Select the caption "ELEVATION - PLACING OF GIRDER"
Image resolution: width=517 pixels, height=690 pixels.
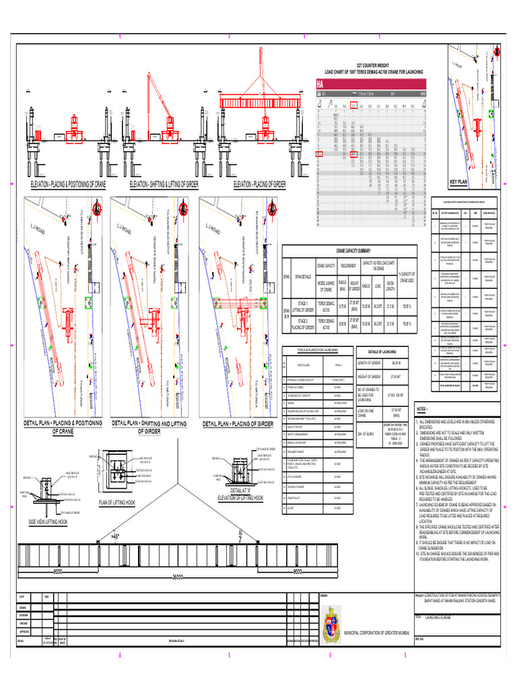tap(259, 184)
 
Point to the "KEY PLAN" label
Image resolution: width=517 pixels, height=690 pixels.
tap(462, 182)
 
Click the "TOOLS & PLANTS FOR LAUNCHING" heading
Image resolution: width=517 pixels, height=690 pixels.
tap(317, 350)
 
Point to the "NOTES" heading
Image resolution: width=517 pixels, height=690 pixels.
tap(422, 409)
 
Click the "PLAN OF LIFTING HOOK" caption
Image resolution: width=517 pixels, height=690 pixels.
tap(117, 503)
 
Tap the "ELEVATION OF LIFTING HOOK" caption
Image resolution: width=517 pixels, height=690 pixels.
tap(241, 498)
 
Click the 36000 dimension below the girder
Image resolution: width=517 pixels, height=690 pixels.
tap(178, 577)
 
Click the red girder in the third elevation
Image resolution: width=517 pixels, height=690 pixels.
tap(260, 101)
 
